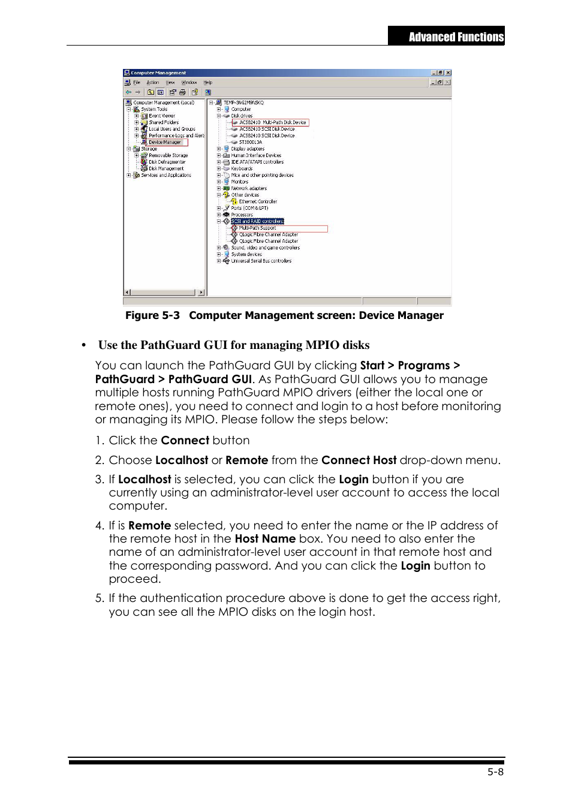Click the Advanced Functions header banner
click(x=446, y=36)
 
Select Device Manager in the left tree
click(x=164, y=142)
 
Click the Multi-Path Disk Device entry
click(x=272, y=122)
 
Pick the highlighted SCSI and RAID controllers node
click(x=257, y=221)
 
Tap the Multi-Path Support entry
click(x=257, y=228)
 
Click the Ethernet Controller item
click(x=258, y=201)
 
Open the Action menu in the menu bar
click(x=153, y=83)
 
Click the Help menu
click(x=207, y=83)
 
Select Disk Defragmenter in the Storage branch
click(x=167, y=162)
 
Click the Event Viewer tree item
click(x=162, y=116)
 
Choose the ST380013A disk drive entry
click(x=250, y=142)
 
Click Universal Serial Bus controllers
click(x=261, y=261)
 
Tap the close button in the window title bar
click(x=448, y=73)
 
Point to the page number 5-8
click(x=495, y=772)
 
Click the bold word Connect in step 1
click(x=185, y=441)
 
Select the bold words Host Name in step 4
click(x=265, y=539)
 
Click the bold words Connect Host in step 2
click(x=359, y=460)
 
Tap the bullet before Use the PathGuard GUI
click(x=84, y=345)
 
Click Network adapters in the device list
click(x=249, y=188)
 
